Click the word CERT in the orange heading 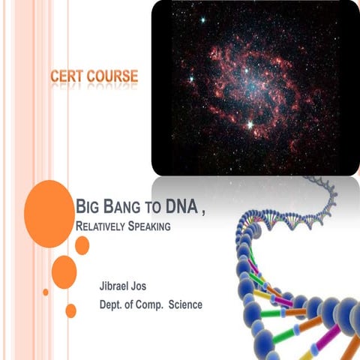click(67, 76)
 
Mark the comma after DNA click(204, 210)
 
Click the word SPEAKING click(154, 225)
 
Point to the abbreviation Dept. click(112, 304)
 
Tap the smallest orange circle click(46, 292)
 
